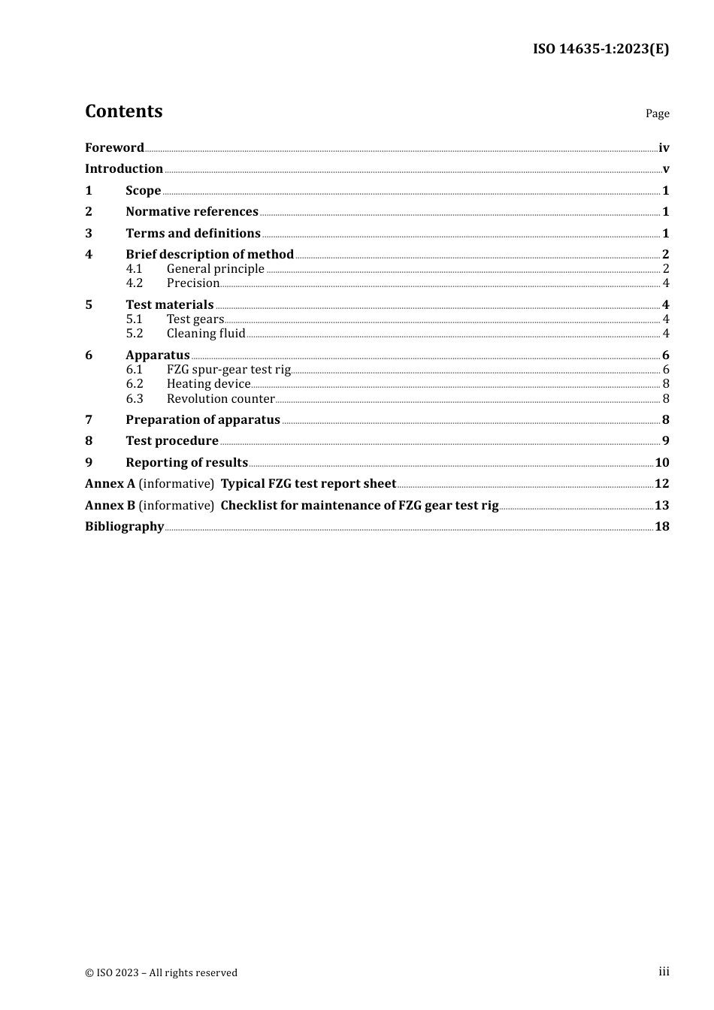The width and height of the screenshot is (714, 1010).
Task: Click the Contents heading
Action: click(123, 111)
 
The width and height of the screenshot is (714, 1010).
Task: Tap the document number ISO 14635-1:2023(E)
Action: click(601, 49)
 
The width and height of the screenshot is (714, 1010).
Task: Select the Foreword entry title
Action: click(114, 147)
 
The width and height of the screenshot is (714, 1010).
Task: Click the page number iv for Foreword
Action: click(664, 147)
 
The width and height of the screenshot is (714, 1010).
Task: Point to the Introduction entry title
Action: click(124, 168)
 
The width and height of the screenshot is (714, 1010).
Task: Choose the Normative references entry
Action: click(192, 211)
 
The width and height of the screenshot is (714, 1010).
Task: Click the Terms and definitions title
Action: click(193, 233)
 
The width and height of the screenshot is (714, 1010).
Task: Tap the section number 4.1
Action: click(134, 268)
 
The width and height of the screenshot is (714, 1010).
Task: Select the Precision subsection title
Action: click(193, 283)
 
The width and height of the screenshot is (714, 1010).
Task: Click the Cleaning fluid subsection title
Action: click(206, 333)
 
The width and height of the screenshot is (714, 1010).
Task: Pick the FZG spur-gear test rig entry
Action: click(228, 369)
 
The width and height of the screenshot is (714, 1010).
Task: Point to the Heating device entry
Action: click(208, 383)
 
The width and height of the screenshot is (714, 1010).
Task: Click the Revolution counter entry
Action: click(220, 398)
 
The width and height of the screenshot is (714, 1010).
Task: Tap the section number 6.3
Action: click(134, 398)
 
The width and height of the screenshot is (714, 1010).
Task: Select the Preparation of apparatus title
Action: click(203, 419)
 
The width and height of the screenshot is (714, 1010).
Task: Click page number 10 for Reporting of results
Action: click(661, 462)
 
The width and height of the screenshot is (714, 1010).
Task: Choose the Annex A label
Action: click(110, 483)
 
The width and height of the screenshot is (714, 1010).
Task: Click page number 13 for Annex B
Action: click(661, 505)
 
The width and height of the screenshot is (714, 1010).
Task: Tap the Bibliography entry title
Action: click(124, 526)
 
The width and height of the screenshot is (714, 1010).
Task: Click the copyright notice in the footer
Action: click(161, 972)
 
